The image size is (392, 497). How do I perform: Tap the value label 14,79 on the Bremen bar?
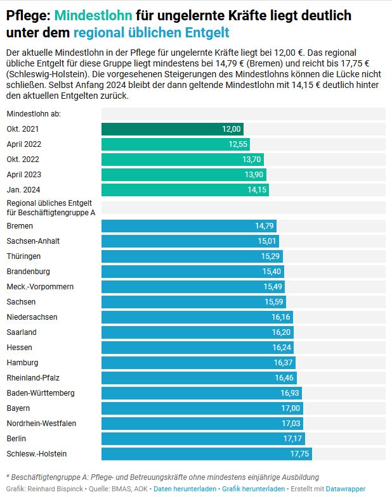pyautogui.click(x=265, y=226)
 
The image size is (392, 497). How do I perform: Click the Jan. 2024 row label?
pyautogui.click(x=23, y=190)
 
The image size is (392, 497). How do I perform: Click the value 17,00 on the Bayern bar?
pyautogui.click(x=291, y=408)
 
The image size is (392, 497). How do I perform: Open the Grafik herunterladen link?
pyautogui.click(x=253, y=489)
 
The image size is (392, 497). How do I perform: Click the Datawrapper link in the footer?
pyautogui.click(x=345, y=489)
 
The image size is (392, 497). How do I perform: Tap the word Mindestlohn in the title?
pyautogui.click(x=93, y=15)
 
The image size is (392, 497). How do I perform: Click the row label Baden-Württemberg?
pyautogui.click(x=41, y=393)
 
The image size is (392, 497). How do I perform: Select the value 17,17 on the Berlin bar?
pyautogui.click(x=292, y=439)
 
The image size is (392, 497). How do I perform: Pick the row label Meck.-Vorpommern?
pyautogui.click(x=40, y=287)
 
